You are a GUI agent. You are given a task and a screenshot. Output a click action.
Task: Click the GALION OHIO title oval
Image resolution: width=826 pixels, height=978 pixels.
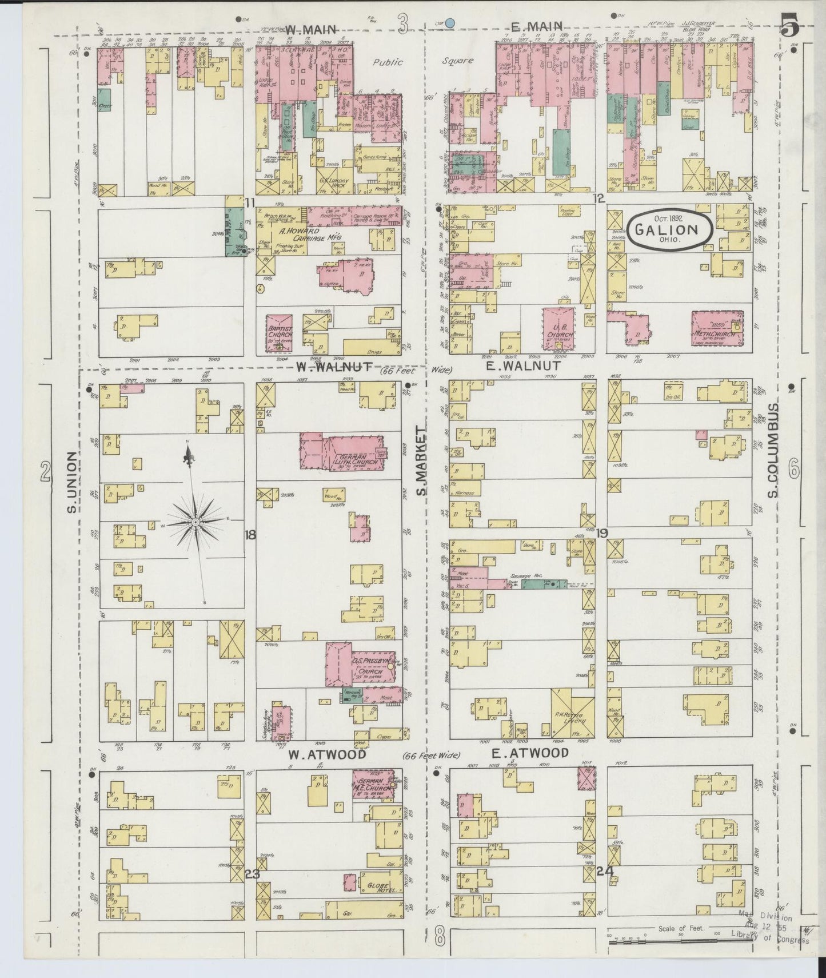point(671,230)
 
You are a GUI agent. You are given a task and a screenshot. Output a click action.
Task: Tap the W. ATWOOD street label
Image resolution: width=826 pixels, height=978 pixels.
point(327,754)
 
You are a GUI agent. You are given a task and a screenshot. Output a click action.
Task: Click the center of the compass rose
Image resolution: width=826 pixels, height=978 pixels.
point(195,522)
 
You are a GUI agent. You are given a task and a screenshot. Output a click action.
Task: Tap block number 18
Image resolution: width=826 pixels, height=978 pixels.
point(250,535)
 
